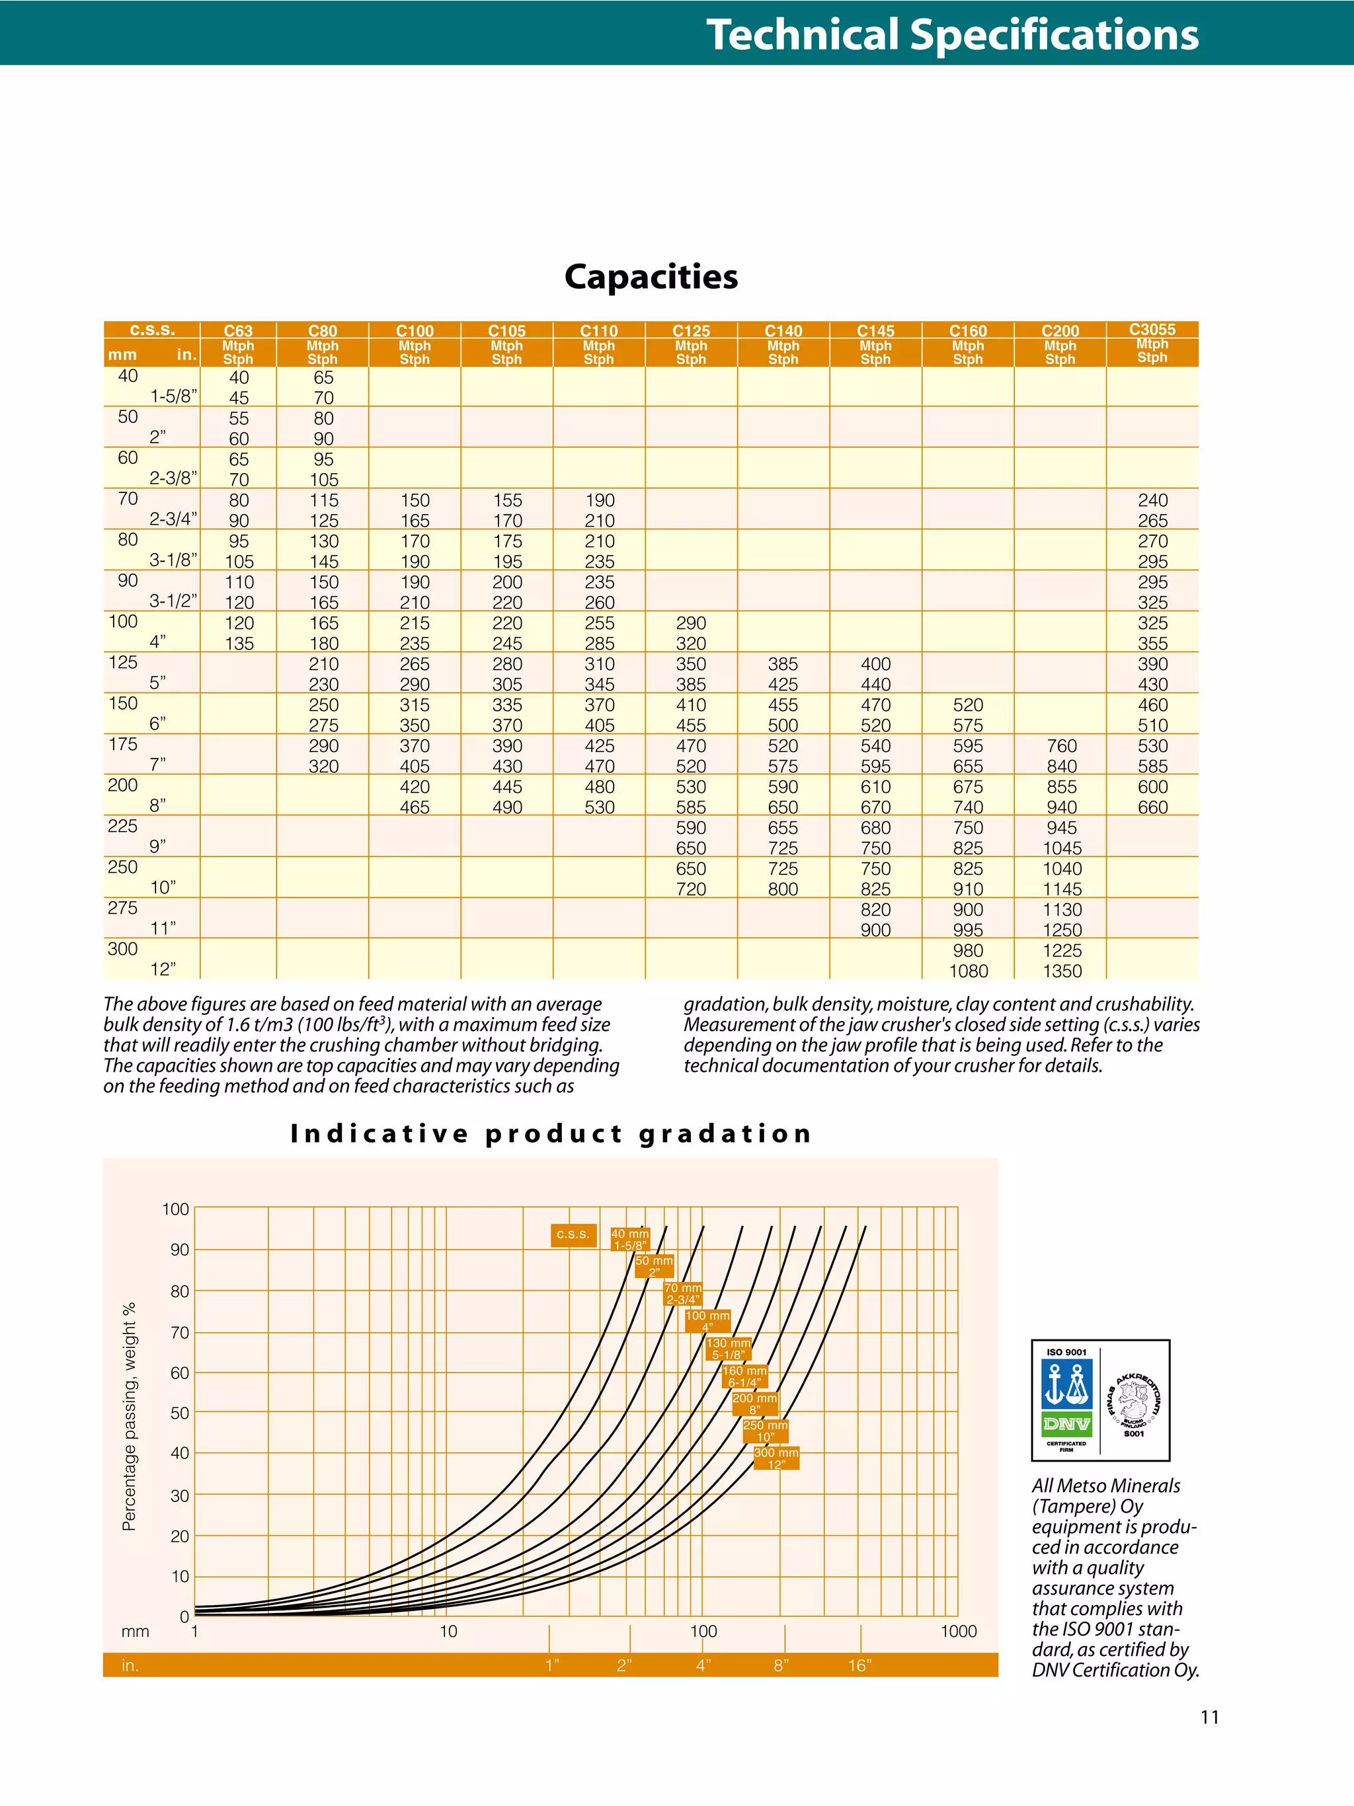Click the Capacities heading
tap(651, 277)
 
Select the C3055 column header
tap(1152, 330)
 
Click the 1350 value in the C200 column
tap(1062, 971)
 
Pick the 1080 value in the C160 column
tap(969, 971)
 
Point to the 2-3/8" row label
tap(173, 478)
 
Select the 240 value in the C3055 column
tap(1152, 500)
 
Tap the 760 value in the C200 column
tap(1062, 746)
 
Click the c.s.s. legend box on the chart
tap(573, 1234)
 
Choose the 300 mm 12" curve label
tap(776, 1458)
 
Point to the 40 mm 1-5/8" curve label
tap(629, 1240)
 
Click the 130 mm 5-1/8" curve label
tap(729, 1349)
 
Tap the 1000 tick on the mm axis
tap(959, 1632)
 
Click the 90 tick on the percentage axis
tap(180, 1250)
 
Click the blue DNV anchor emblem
tap(1066, 1383)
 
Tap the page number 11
tap(1209, 1717)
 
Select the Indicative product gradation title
tap(551, 1133)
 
